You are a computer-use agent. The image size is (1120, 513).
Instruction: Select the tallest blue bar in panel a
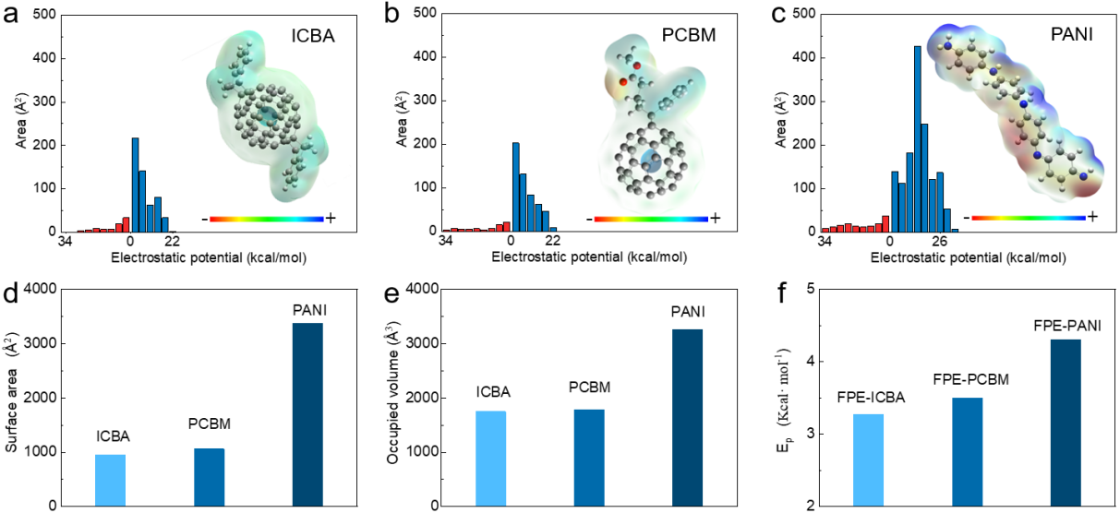point(135,185)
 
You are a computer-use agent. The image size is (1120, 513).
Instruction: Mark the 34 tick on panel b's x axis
point(446,243)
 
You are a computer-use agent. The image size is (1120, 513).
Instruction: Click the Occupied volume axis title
point(393,398)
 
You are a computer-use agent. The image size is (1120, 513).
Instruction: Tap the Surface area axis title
point(12,398)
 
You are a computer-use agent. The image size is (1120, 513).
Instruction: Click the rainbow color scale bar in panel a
point(267,219)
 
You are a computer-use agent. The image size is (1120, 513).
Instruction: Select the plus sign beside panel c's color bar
point(1092,217)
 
